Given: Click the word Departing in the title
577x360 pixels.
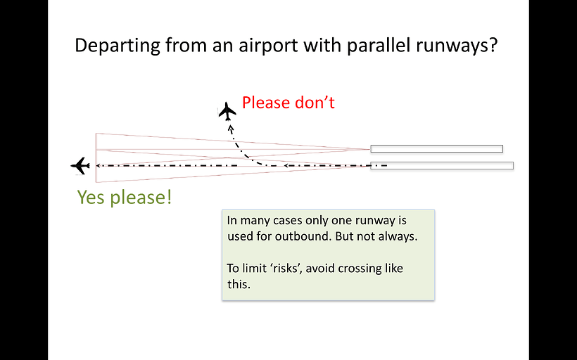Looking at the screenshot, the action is [x=118, y=46].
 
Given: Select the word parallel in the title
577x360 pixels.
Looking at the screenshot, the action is [x=379, y=46].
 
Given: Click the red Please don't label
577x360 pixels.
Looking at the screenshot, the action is [x=288, y=103].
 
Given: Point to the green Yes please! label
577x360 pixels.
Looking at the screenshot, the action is [x=125, y=198].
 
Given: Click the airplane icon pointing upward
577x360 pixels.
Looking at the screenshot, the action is [x=227, y=111].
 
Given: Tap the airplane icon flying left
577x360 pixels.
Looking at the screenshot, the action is [x=80, y=166].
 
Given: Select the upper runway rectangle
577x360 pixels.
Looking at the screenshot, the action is [x=437, y=148].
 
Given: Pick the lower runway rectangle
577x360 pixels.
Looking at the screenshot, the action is [x=442, y=165].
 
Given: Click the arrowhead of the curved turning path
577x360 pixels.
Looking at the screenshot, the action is [x=231, y=129].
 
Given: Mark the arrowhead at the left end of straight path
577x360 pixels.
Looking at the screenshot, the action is [x=99, y=165].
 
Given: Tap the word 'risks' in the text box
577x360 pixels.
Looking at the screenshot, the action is [x=286, y=269].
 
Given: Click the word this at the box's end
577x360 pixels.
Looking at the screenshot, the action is [x=239, y=284].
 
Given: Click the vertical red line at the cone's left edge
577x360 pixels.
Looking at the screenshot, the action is [x=96, y=157].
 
